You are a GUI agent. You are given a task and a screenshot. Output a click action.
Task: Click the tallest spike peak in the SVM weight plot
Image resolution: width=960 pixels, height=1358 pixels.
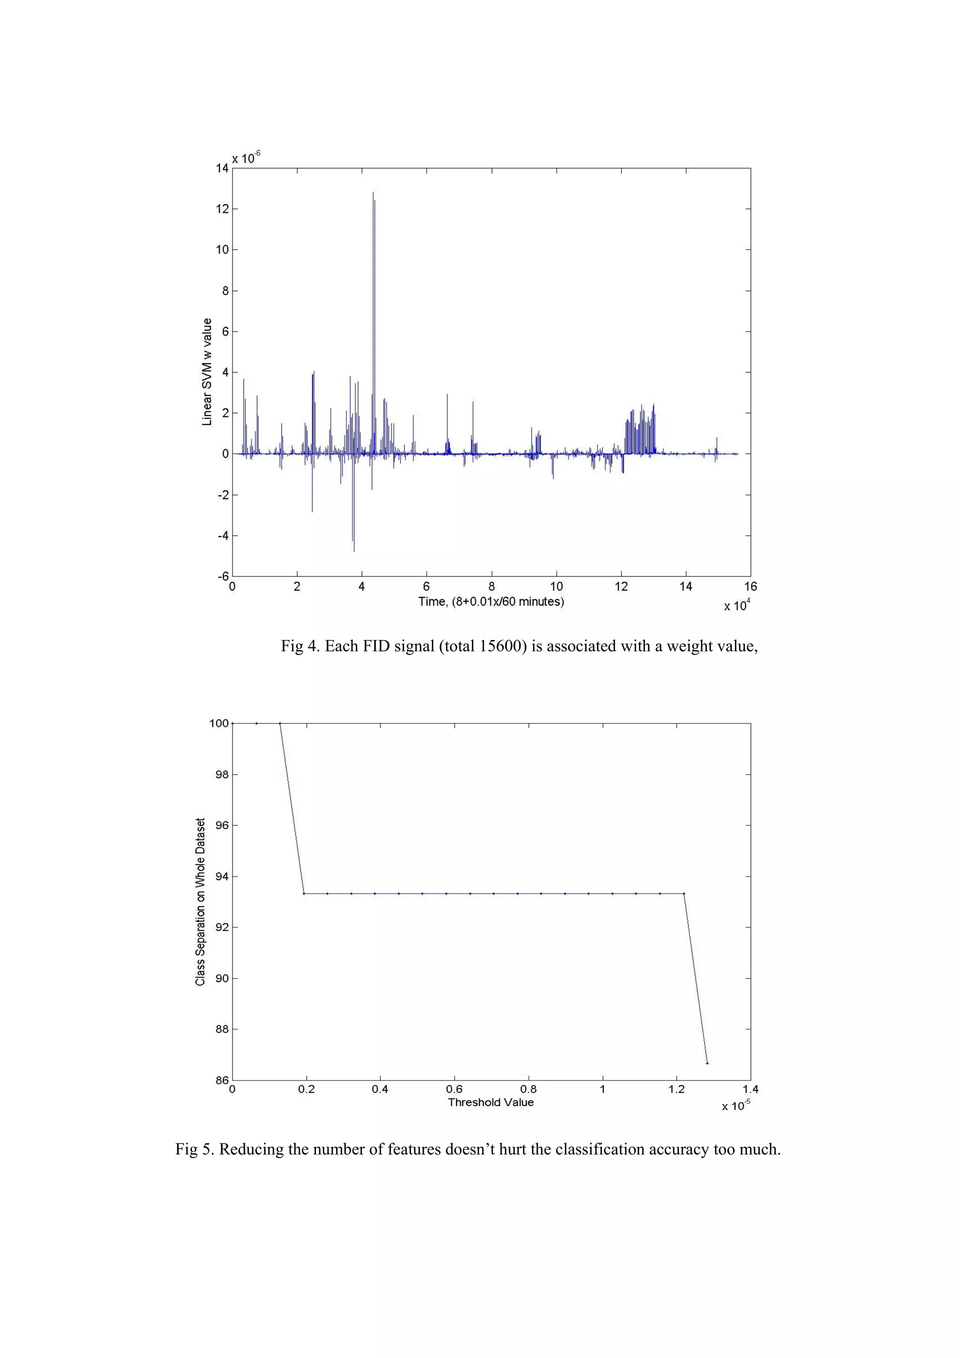click(373, 193)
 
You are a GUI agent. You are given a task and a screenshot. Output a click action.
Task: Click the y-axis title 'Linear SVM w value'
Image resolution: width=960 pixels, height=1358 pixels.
click(207, 372)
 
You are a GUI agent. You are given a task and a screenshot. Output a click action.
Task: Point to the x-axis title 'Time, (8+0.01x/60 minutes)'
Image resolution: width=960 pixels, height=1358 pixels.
click(491, 602)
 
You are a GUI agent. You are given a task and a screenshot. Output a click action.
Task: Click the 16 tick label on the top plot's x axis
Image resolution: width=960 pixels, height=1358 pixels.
click(750, 587)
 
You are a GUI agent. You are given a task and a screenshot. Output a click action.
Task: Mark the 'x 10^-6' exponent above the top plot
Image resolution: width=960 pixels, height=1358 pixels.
click(246, 158)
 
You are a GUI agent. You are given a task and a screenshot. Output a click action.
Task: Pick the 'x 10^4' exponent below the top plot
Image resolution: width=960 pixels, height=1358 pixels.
click(737, 605)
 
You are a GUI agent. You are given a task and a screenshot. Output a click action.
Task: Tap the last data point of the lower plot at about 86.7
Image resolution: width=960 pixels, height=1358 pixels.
click(707, 1063)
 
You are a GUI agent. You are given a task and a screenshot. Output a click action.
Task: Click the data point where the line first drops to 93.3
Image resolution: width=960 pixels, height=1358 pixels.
click(303, 894)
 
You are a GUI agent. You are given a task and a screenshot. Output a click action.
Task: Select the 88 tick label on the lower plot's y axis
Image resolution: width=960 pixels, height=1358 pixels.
click(222, 1029)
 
